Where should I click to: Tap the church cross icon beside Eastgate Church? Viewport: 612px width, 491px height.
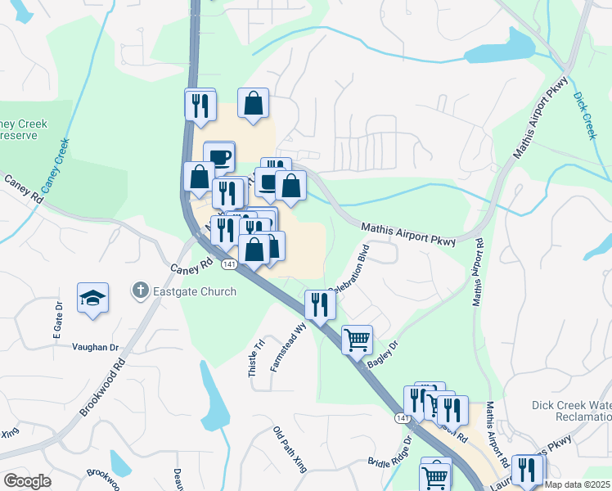click(x=140, y=291)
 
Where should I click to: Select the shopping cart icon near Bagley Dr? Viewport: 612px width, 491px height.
click(x=357, y=339)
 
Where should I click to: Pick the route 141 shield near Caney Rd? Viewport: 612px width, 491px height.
click(x=229, y=264)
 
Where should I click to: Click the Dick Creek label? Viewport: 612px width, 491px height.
click(x=584, y=114)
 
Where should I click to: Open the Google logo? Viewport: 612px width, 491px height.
click(x=27, y=480)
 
